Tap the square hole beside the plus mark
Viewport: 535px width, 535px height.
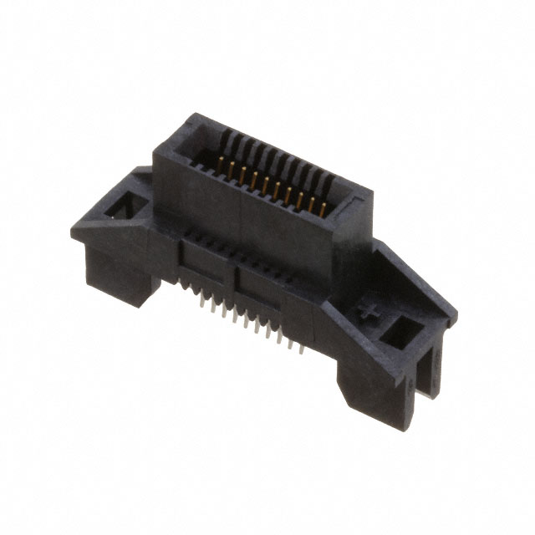[x=402, y=332]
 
